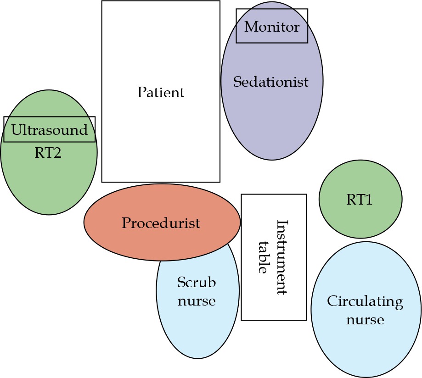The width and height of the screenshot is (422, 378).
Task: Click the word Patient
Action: point(161,93)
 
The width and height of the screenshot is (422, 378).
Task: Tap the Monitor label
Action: point(272,27)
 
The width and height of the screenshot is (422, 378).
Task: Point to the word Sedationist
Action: point(271,82)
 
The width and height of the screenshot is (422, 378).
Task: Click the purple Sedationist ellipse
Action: point(272,119)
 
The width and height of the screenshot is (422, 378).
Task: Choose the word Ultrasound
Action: point(49,130)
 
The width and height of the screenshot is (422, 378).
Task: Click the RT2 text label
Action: point(48,153)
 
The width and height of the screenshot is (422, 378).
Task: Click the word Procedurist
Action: point(161,223)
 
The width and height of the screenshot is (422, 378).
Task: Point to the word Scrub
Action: point(197,283)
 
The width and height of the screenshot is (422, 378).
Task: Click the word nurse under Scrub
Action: point(197,301)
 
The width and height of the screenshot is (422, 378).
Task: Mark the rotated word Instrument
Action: point(281,257)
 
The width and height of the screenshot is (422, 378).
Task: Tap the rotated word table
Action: point(263,257)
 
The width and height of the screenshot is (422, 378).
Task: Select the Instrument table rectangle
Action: point(274,303)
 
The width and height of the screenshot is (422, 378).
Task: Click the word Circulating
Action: point(365,301)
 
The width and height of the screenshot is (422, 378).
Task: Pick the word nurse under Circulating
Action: point(365,319)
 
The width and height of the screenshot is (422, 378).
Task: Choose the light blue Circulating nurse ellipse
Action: point(366,349)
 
